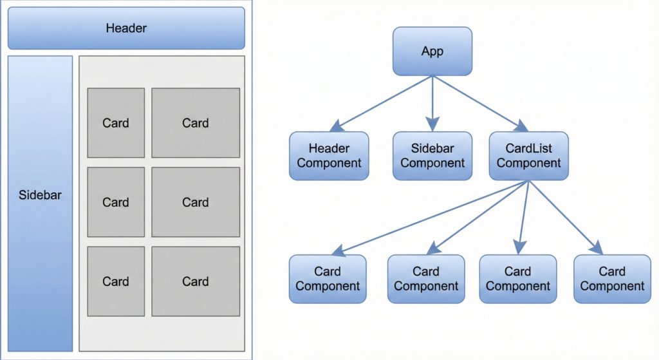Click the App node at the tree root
pyautogui.click(x=432, y=52)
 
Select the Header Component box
pyautogui.click(x=329, y=156)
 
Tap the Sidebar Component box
pyautogui.click(x=432, y=156)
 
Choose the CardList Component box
pyautogui.click(x=528, y=156)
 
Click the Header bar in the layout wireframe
pyautogui.click(x=126, y=28)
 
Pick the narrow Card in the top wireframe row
pyautogui.click(x=116, y=123)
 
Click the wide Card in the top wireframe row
pyautogui.click(x=196, y=123)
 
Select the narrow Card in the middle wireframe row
pyautogui.click(x=116, y=202)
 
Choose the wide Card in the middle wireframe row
pyautogui.click(x=196, y=202)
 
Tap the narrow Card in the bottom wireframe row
pyautogui.click(x=116, y=281)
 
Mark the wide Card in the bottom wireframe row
pyautogui.click(x=196, y=281)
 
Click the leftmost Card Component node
pyautogui.click(x=328, y=279)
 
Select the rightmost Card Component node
pyautogui.click(x=612, y=279)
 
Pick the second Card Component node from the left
pyautogui.click(x=426, y=279)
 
